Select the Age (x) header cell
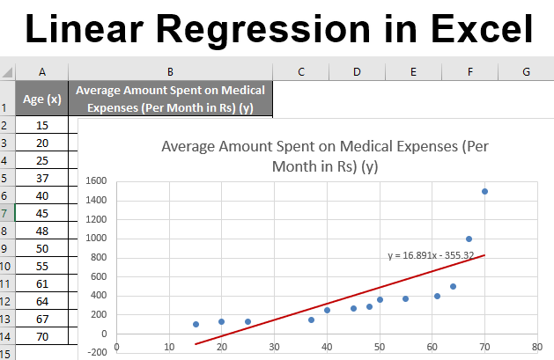(x=42, y=99)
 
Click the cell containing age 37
(x=42, y=179)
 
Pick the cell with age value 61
(x=42, y=283)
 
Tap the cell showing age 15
(x=42, y=126)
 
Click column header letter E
(x=413, y=72)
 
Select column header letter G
(x=526, y=72)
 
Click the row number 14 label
(x=6, y=336)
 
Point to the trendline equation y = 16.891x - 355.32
(x=431, y=255)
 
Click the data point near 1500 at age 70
(x=484, y=191)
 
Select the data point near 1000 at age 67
(x=469, y=239)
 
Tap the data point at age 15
(x=196, y=324)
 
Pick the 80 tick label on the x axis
(x=536, y=345)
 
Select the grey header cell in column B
(x=171, y=99)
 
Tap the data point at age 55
(x=405, y=298)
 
